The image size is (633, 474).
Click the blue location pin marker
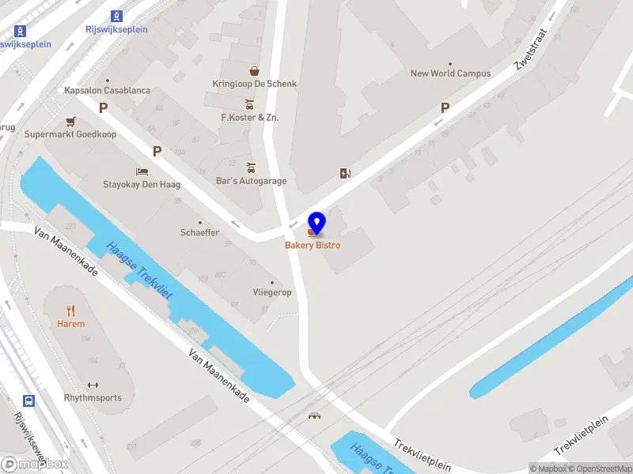coord(316,224)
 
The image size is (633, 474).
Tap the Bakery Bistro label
coord(313,246)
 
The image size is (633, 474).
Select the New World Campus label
coord(450,73)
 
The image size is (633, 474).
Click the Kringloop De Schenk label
coord(254,84)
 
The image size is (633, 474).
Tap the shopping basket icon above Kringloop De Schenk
coord(254,70)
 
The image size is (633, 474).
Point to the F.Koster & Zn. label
coord(249,118)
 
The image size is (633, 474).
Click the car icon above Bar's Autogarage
coord(251,167)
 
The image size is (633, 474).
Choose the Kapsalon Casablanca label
coord(107,91)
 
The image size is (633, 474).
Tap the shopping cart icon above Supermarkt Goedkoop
coord(70,122)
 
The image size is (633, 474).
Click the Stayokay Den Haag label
coord(142,185)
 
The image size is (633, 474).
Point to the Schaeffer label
coord(199,233)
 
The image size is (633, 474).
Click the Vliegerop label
coord(272,292)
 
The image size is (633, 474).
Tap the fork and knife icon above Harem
coord(70,310)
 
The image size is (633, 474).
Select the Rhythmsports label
coord(93,397)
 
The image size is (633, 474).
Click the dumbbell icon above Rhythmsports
coord(93,385)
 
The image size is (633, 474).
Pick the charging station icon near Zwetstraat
coord(344,173)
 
